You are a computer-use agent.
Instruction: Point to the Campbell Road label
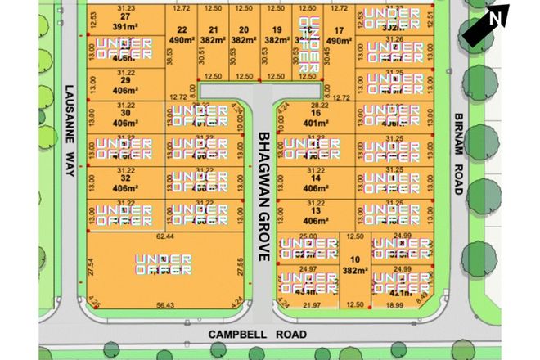pos(245,334)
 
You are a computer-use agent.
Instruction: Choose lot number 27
pos(125,16)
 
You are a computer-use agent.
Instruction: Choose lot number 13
pos(316,210)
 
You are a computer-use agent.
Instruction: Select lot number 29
pos(125,82)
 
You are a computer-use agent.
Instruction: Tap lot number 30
pos(125,113)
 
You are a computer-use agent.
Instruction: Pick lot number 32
pos(125,178)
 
